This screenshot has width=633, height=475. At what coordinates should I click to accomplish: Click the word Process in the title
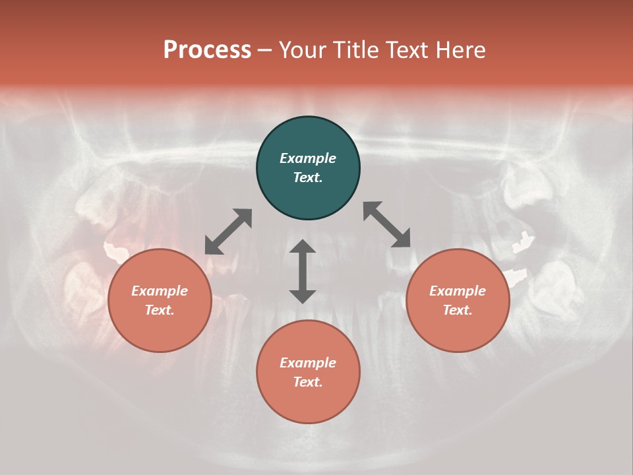pyautogui.click(x=207, y=50)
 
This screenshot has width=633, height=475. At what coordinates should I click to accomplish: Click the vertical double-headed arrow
pyautogui.click(x=303, y=271)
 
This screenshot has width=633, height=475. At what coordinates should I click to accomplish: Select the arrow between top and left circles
pyautogui.click(x=228, y=231)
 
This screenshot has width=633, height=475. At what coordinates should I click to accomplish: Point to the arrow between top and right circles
pyautogui.click(x=386, y=224)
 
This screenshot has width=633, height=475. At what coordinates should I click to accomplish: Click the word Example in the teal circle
pyautogui.click(x=308, y=158)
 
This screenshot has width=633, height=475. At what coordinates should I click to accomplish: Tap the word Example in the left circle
pyautogui.click(x=160, y=291)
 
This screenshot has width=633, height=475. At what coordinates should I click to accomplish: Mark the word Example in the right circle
pyautogui.click(x=458, y=291)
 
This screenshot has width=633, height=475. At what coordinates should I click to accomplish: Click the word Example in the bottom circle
pyautogui.click(x=308, y=363)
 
